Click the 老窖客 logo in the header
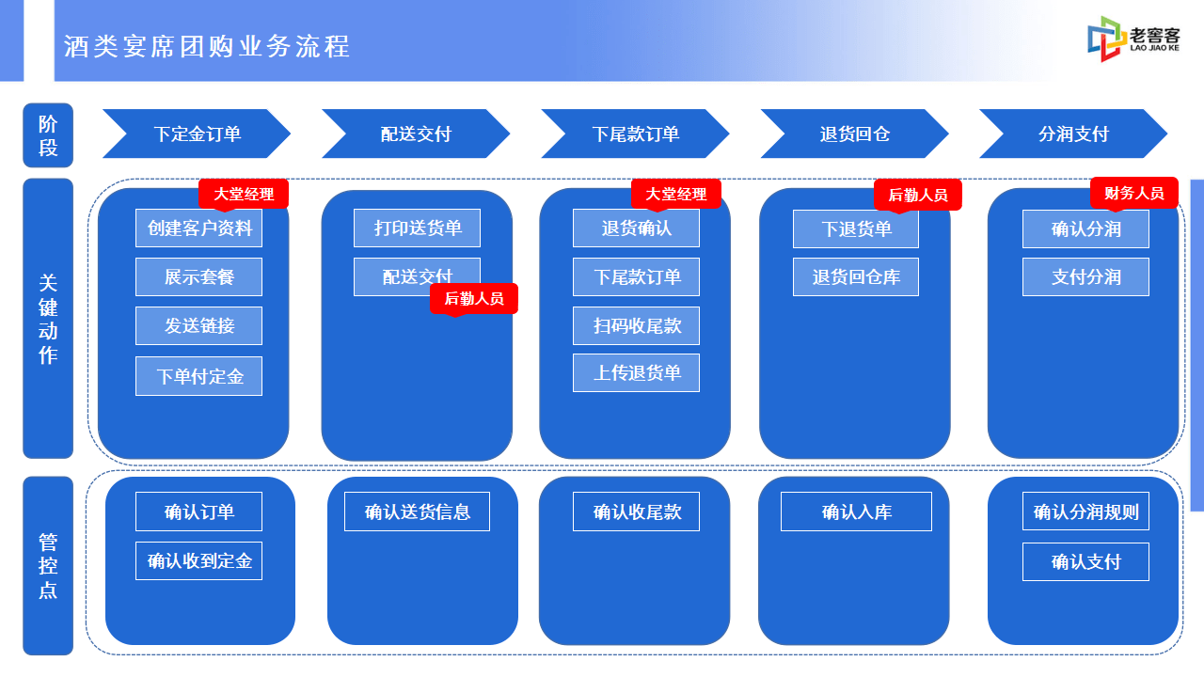pos(1133,39)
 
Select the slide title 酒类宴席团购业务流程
pos(207,46)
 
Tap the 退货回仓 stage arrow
pos(855,134)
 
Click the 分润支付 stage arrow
pos(1073,134)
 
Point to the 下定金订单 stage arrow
pos(197,134)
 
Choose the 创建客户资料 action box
pos(198,228)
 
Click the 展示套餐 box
pos(198,276)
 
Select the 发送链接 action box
pos(198,325)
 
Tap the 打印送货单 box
pos(417,228)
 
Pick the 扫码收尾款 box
pos(637,325)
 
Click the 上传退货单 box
pos(637,373)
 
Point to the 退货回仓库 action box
pos(856,276)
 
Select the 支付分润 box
pos(1085,276)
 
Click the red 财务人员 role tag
pos(1134,193)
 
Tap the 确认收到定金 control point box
pos(198,561)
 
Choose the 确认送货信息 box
pos(417,512)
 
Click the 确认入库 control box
pos(856,512)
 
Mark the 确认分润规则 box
pos(1085,512)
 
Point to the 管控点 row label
pos(48,566)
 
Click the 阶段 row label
pos(48,135)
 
